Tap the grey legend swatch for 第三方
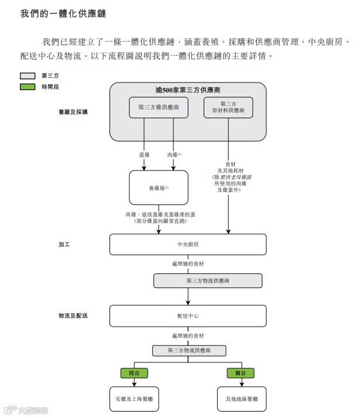pyautogui.click(x=28, y=76)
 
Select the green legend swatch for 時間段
pyautogui.click(x=28, y=87)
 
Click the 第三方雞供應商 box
pyautogui.click(x=158, y=108)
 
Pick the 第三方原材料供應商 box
pyautogui.click(x=228, y=107)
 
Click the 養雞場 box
pyautogui.click(x=158, y=188)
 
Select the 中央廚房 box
pyautogui.click(x=188, y=244)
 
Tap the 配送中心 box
pyautogui.click(x=188, y=316)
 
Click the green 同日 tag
pyautogui.click(x=134, y=373)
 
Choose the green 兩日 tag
pyautogui.click(x=241, y=373)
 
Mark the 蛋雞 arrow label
pyautogui.click(x=145, y=155)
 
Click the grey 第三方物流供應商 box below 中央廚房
pyautogui.click(x=208, y=281)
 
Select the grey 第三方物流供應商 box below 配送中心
pyautogui.click(x=188, y=351)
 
